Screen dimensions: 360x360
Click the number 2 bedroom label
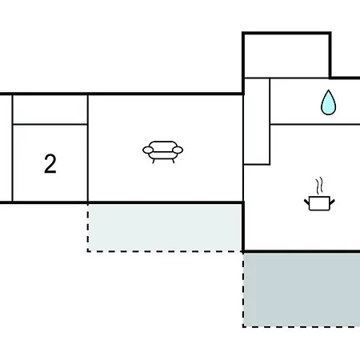tap(50, 164)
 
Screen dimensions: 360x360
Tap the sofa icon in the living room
tap(162, 152)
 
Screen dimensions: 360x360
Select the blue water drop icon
tap(328, 102)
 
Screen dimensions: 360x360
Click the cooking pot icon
tap(319, 203)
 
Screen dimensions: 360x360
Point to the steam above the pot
tap(319, 186)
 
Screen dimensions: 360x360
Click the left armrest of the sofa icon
tap(148, 150)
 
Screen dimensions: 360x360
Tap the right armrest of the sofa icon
tap(178, 150)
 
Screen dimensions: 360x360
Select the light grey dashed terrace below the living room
tap(165, 227)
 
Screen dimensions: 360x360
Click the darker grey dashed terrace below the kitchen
tap(302, 290)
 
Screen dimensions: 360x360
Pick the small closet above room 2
tap(50, 110)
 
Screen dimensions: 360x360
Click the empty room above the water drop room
tap(286, 56)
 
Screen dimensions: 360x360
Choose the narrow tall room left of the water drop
tap(257, 122)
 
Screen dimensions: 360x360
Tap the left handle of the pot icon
tap(306, 202)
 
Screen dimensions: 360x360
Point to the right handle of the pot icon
tap(332, 202)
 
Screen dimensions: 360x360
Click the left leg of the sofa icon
tap(154, 161)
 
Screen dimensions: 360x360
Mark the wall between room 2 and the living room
tap(88, 148)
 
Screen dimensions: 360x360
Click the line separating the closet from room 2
tap(50, 124)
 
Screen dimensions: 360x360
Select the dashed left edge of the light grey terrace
tap(88, 227)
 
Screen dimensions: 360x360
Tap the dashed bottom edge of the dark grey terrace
tap(302, 326)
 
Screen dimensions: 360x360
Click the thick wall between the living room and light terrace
tap(166, 203)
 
